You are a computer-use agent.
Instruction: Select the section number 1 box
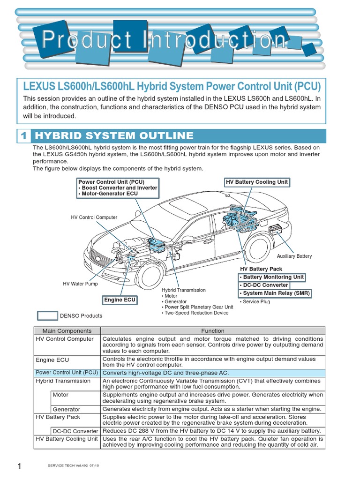pyautogui.click(x=23, y=136)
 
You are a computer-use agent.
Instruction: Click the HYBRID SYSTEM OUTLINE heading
pyautogui.click(x=115, y=136)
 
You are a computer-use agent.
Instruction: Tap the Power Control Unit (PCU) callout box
pyautogui.click(x=118, y=187)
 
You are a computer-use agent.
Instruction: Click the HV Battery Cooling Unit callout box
pyautogui.click(x=257, y=182)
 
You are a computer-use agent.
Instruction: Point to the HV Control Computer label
pyautogui.click(x=94, y=217)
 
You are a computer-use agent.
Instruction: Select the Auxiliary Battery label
pyautogui.click(x=294, y=256)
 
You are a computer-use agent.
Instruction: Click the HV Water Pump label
pyautogui.click(x=80, y=284)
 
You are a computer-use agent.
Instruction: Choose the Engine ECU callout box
pyautogui.click(x=120, y=300)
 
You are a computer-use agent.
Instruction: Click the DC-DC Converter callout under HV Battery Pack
pyautogui.click(x=264, y=285)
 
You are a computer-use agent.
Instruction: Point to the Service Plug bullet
pyautogui.click(x=255, y=302)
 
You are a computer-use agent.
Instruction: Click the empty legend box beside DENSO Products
pyautogui.click(x=47, y=315)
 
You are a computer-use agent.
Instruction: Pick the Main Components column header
pyautogui.click(x=67, y=330)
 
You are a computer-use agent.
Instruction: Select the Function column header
pyautogui.click(x=213, y=330)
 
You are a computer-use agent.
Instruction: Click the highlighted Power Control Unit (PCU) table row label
pyautogui.click(x=67, y=372)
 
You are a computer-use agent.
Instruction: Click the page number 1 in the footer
pyautogui.click(x=20, y=466)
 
